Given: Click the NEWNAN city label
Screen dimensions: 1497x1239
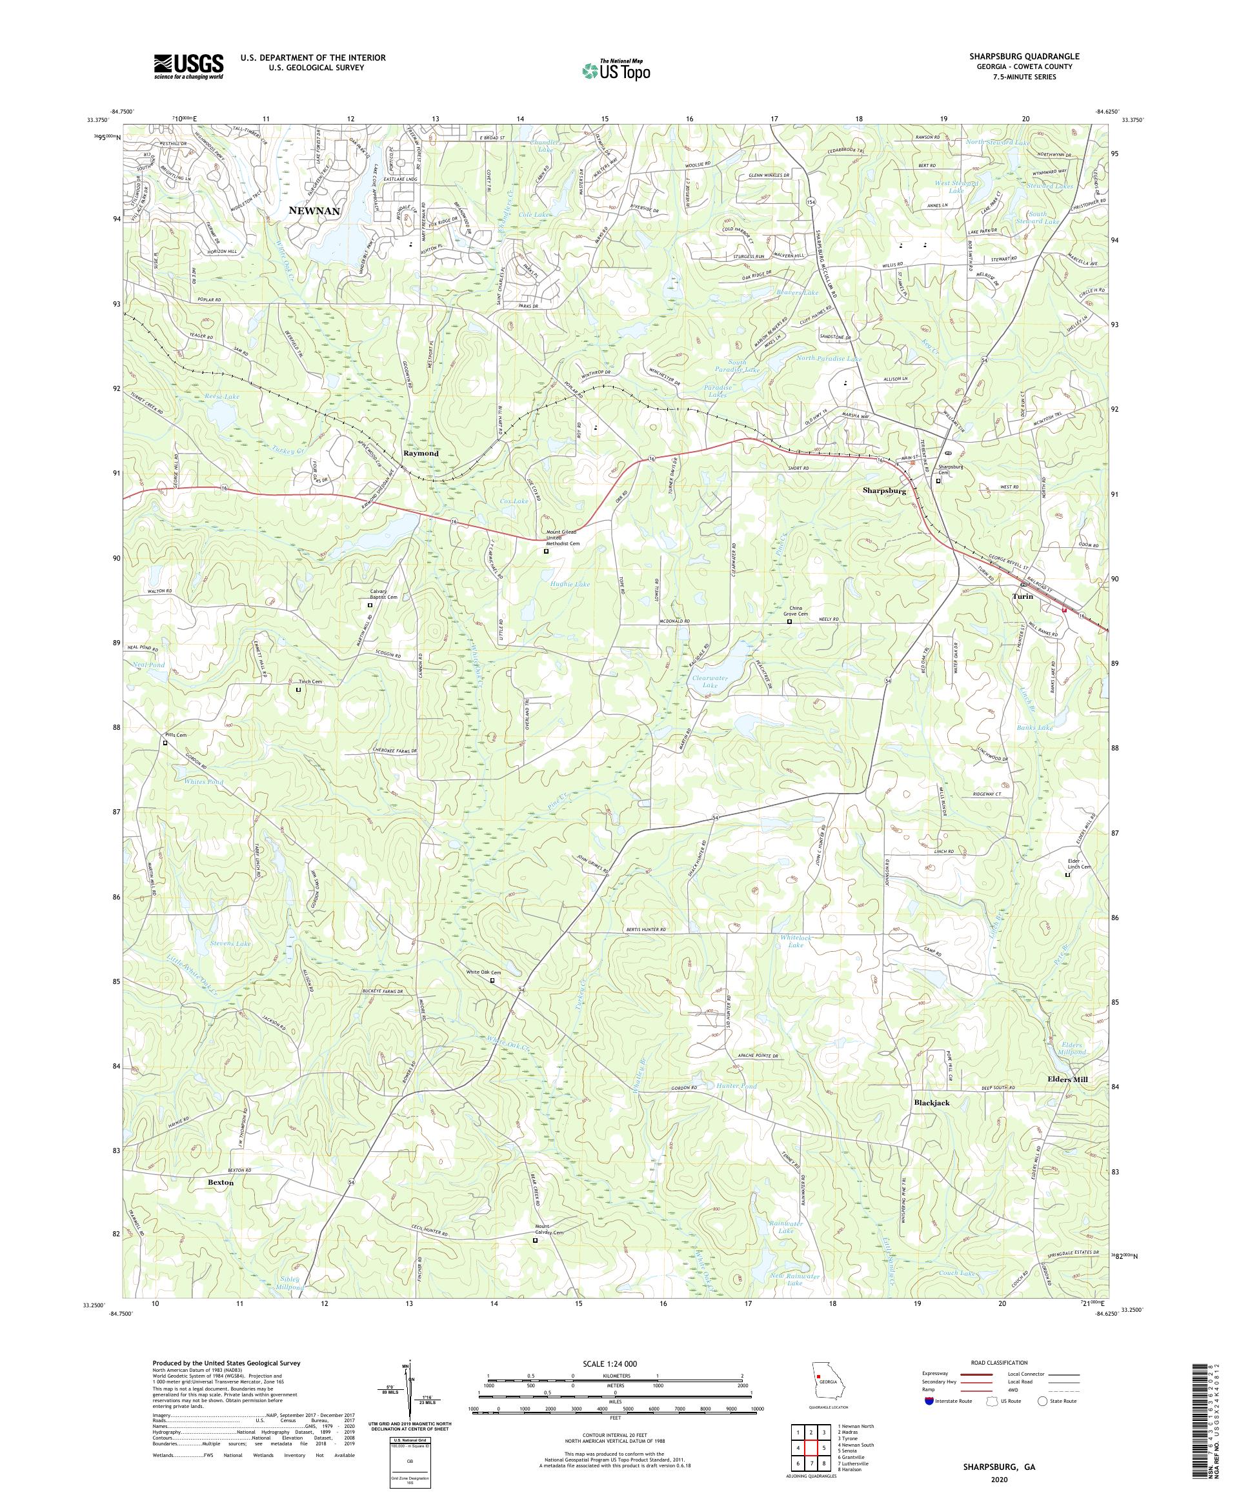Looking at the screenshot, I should [314, 212].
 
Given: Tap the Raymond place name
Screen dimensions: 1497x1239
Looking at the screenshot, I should [421, 454].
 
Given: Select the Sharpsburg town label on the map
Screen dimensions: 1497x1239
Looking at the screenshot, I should [884, 491].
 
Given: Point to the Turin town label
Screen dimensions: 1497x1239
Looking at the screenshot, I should [1023, 596].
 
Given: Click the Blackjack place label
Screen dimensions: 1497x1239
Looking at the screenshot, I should [932, 1103].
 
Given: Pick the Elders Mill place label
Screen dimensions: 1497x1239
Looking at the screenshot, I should [1067, 1080].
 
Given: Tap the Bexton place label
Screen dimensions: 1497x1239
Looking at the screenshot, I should [220, 1182].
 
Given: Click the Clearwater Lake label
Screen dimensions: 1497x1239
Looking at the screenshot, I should [710, 681].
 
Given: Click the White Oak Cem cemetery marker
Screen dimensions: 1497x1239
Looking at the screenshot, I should [492, 980].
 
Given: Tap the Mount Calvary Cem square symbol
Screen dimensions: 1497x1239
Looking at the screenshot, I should [536, 1240].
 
